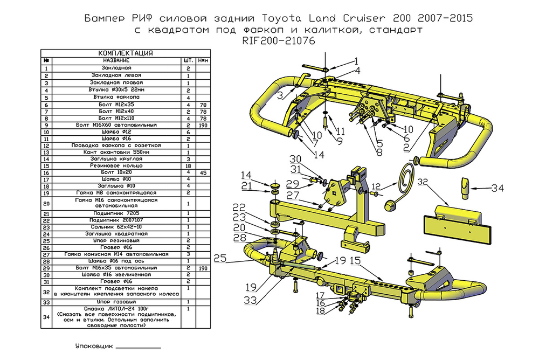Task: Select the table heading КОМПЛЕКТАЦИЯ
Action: [x=126, y=53]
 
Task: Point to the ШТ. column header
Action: [x=188, y=60]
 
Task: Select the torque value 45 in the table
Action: [x=203, y=173]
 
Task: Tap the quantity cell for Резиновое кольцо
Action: [x=188, y=167]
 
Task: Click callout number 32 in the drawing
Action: [x=424, y=182]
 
